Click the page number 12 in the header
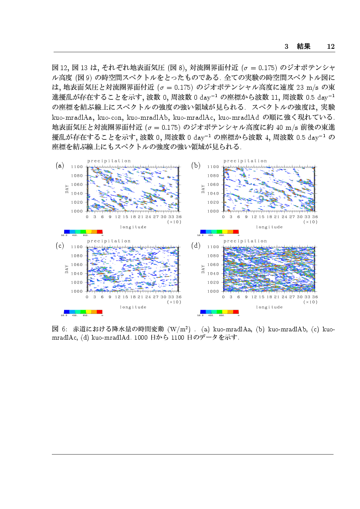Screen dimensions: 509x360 [x=330, y=46]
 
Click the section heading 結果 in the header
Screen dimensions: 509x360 [x=303, y=46]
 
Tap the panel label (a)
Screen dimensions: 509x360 [x=60, y=165]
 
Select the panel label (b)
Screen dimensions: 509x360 [x=196, y=165]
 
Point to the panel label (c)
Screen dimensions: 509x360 [x=60, y=246]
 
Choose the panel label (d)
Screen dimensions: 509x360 [x=196, y=246]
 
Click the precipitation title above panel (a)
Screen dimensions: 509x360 [x=109, y=161]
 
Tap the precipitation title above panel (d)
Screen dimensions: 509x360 [x=245, y=241]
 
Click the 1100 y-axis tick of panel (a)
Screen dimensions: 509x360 [x=78, y=167]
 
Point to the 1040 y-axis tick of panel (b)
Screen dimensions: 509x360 [x=214, y=193]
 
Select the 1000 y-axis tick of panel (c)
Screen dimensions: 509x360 [x=78, y=291]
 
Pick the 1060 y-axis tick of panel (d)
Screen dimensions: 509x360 [x=214, y=265]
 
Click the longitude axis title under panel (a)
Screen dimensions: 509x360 [x=133, y=227]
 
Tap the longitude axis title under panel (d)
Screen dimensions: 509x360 [x=269, y=307]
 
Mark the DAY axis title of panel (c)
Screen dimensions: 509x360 [x=67, y=269]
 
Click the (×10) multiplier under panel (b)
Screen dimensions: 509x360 [x=310, y=222]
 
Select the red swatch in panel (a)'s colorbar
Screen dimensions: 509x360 [x=100, y=232]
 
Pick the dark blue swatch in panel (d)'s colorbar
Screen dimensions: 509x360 [x=203, y=312]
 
